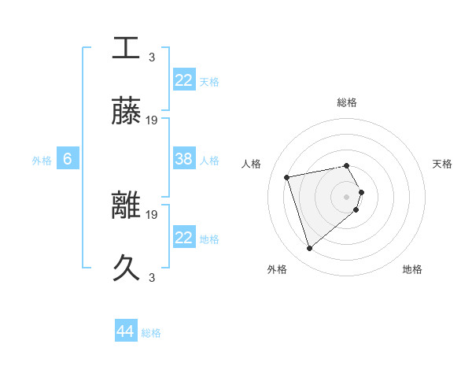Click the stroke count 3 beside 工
tap(152, 57)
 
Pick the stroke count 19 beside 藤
tap(152, 120)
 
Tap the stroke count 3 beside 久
tap(152, 278)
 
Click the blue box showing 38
tap(184, 159)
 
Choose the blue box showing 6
tap(68, 159)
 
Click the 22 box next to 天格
tap(184, 80)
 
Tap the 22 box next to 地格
tap(184, 238)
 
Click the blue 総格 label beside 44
tap(151, 333)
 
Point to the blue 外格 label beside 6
tap(42, 161)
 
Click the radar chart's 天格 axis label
tap(442, 164)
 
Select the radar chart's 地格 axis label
tap(412, 269)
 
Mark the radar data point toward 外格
tap(309, 249)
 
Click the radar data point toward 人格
tap(287, 176)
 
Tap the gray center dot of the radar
tap(346, 196)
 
